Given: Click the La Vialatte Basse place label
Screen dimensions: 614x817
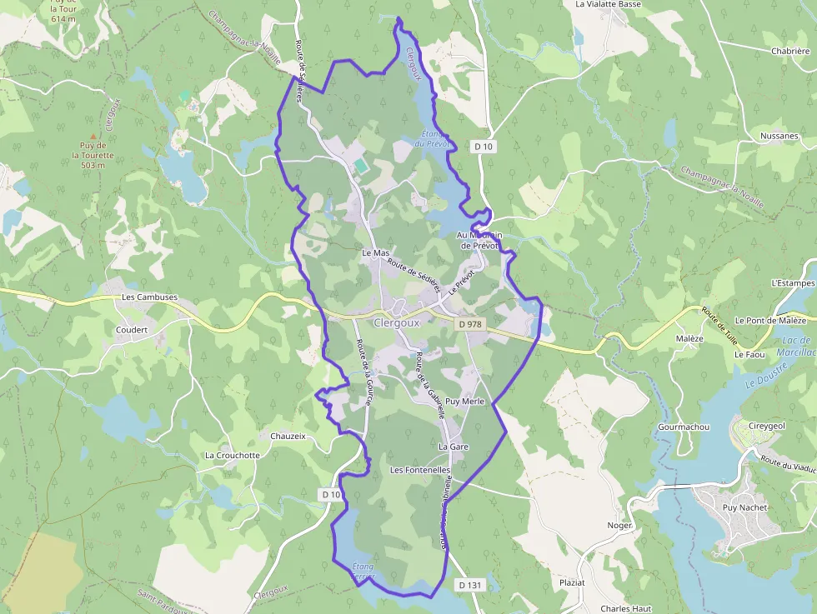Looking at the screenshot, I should [x=609, y=4].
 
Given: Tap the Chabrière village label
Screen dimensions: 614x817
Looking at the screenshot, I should [x=790, y=51].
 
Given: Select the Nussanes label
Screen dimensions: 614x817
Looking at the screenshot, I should [x=779, y=136].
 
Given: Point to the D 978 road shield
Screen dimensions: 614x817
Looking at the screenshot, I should [x=470, y=322].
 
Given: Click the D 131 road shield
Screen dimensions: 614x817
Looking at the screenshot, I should [x=470, y=585].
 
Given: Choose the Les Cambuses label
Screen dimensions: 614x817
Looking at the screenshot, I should [x=149, y=297].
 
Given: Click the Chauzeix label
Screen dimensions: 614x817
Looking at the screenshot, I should [x=289, y=436].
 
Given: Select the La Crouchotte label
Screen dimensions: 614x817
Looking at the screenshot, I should [x=233, y=456].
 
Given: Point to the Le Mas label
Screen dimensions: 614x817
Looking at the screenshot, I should [x=376, y=252].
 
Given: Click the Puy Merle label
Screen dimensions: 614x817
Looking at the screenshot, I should [x=465, y=402].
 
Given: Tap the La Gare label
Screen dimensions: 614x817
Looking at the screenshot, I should [x=454, y=447].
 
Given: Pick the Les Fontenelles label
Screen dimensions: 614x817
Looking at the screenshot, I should [x=420, y=471].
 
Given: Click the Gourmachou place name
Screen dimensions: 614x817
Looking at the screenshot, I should [x=684, y=427].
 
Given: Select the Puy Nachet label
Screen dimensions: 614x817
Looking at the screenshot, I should [x=744, y=507].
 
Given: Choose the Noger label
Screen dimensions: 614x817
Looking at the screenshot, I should [x=620, y=526].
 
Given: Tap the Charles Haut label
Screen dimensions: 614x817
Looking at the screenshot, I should [x=625, y=609].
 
